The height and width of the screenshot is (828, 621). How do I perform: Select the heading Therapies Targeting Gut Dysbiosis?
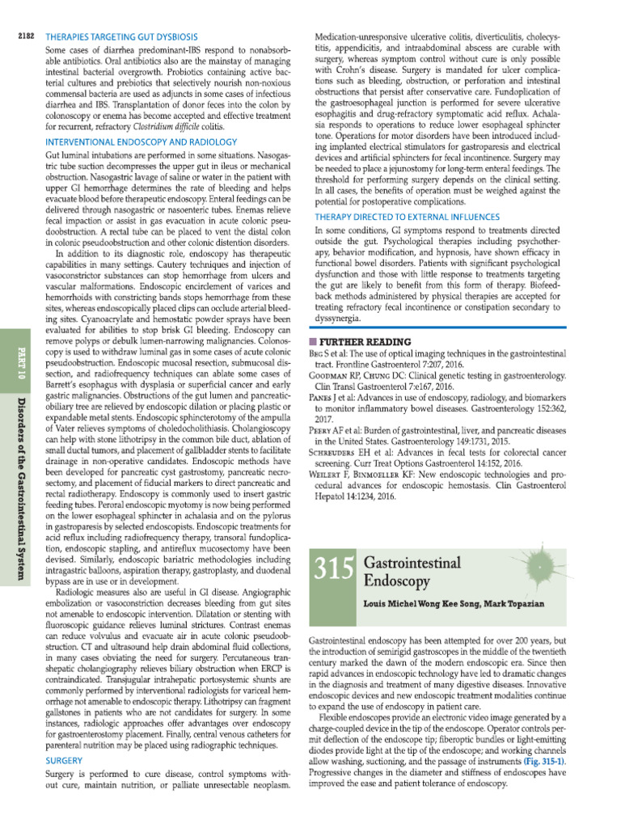(120, 38)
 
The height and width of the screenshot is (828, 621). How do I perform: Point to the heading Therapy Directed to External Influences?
(406, 217)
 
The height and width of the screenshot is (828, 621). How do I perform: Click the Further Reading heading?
(362, 342)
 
